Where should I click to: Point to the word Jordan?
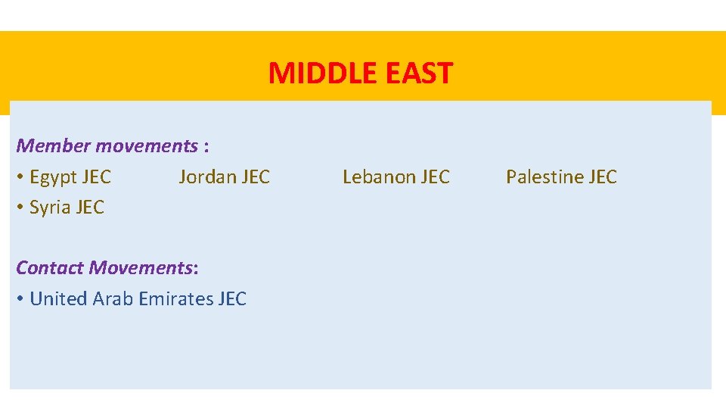206,177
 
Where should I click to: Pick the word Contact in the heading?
50,267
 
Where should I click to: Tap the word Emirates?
175,299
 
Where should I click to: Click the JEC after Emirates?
232,299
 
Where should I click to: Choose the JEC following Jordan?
255,177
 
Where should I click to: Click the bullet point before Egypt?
20,178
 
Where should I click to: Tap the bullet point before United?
20,300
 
